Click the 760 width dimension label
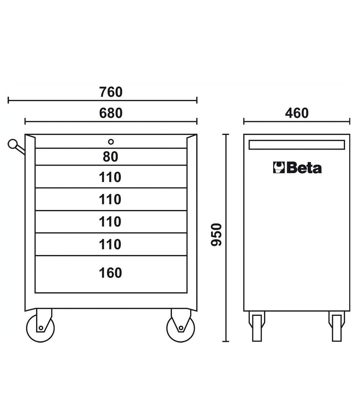coord(111,92)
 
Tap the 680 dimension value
coord(111,113)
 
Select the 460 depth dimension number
coord(297,113)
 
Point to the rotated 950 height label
coord(216,234)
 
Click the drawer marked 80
coord(111,157)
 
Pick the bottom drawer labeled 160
coord(111,274)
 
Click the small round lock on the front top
coord(111,142)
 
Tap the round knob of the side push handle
coord(12,144)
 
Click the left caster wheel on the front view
coord(40,328)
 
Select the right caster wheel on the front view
coord(181,328)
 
